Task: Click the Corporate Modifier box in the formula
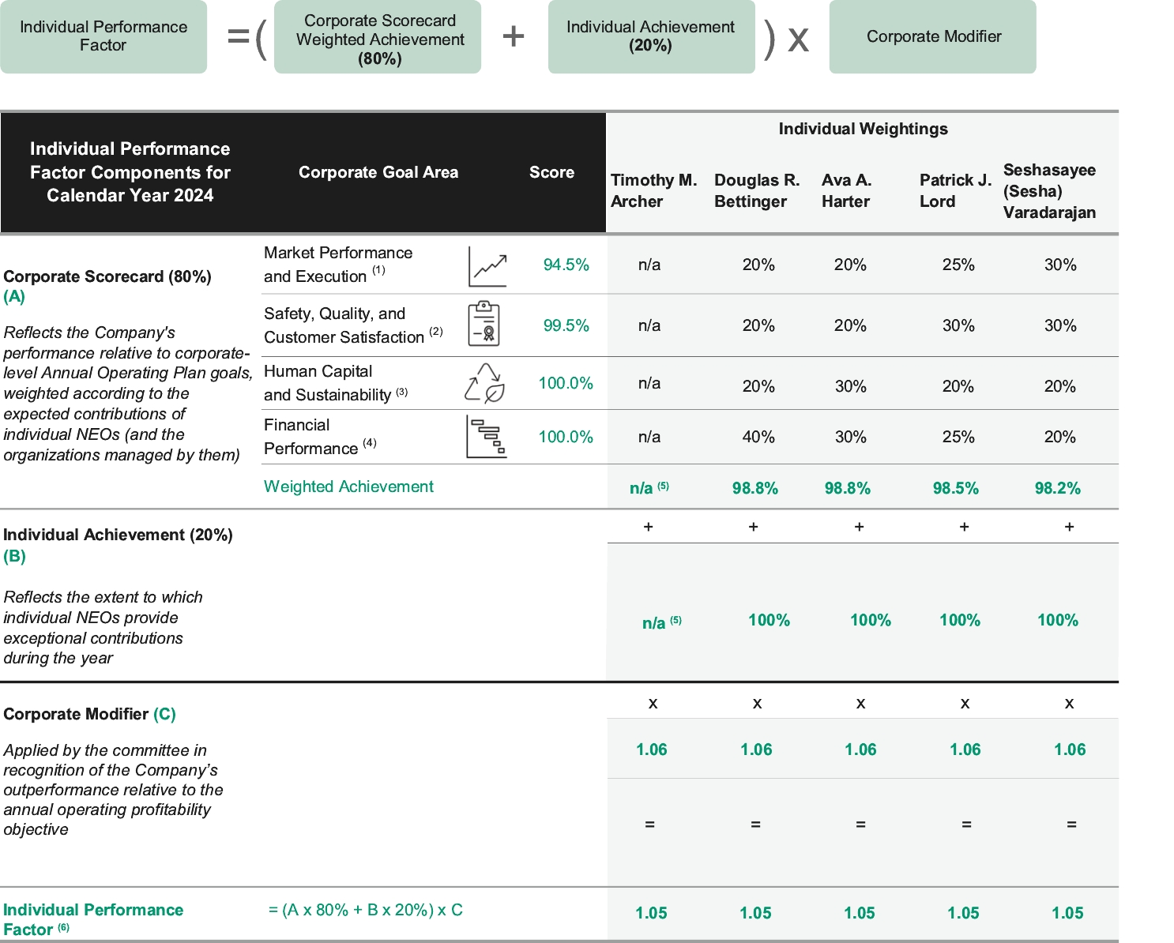click(x=932, y=36)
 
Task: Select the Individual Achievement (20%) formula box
click(x=651, y=36)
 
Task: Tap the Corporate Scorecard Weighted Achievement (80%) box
click(x=378, y=39)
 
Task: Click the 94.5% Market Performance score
click(x=566, y=265)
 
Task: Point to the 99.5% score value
click(x=566, y=325)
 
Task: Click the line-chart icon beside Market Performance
click(x=487, y=267)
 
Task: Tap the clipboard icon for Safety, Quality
click(x=484, y=324)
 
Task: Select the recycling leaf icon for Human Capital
click(x=484, y=384)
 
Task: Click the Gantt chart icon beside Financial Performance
click(x=486, y=437)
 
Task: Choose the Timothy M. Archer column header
click(x=653, y=190)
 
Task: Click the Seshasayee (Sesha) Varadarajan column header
click(x=1049, y=191)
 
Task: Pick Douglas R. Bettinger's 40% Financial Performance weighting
click(x=758, y=437)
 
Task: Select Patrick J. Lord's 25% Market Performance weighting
click(x=958, y=265)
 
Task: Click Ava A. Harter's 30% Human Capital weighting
click(x=850, y=386)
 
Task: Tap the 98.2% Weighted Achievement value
click(x=1057, y=488)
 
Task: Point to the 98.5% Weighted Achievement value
click(x=955, y=488)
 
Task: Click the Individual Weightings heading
click(x=863, y=129)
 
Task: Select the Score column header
click(x=551, y=172)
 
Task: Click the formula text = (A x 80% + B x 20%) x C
click(x=365, y=910)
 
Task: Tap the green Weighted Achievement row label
click(x=348, y=487)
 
